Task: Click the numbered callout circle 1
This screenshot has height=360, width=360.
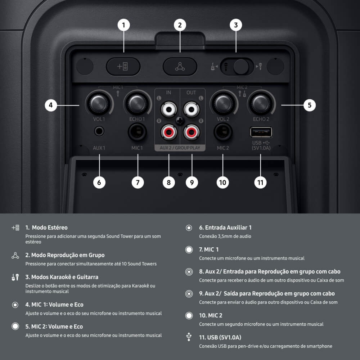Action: pos(123,25)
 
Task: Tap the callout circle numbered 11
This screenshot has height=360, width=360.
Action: pos(260,182)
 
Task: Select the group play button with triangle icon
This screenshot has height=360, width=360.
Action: pos(180,67)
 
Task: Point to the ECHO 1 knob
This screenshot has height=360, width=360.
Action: pos(137,104)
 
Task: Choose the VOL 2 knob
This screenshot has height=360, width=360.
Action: pos(223,104)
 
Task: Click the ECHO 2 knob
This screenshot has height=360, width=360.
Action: pos(261,104)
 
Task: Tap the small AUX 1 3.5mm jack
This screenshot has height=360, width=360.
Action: pos(99,131)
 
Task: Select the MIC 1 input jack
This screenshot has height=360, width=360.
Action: pos(137,132)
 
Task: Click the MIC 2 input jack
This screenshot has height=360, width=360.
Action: pos(223,132)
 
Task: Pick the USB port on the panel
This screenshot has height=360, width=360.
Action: pos(261,132)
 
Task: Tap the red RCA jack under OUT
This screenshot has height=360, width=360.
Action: pos(192,132)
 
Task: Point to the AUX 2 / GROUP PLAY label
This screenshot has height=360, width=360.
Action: pos(180,148)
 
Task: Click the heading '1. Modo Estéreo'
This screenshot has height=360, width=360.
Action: pos(46,228)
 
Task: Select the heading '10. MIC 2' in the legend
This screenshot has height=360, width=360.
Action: pos(211,315)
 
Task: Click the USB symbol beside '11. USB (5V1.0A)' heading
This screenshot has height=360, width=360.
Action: pos(189,337)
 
